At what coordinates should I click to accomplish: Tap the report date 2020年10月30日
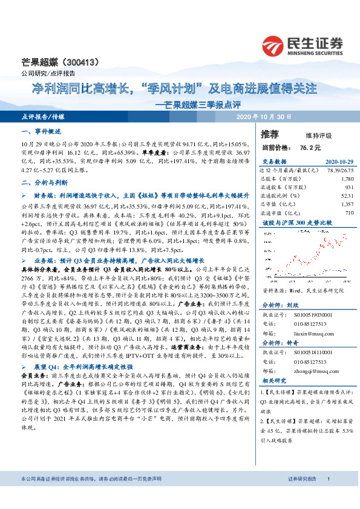(x=264, y=116)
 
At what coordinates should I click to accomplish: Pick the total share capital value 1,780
(x=347, y=180)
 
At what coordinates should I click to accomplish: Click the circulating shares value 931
(x=349, y=188)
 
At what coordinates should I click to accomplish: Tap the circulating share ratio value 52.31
(x=346, y=196)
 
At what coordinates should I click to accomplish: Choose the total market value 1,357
(x=347, y=205)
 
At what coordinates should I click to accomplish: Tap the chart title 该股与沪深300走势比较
(x=289, y=223)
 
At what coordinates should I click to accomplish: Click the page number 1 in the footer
(x=328, y=496)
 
